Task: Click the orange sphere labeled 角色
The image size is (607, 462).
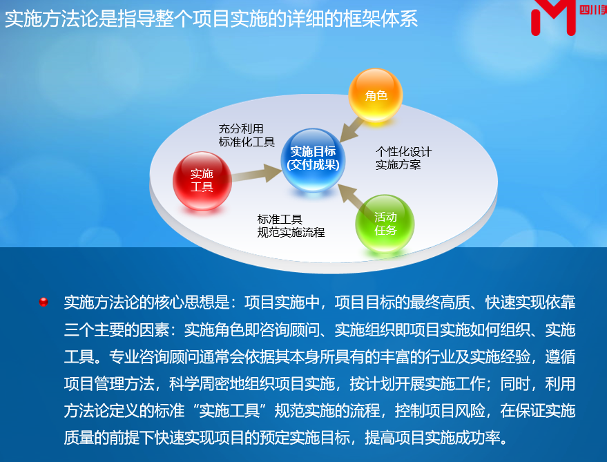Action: pyautogui.click(x=376, y=95)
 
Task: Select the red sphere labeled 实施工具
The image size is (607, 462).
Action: pyautogui.click(x=202, y=181)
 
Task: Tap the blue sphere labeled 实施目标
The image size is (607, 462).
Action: pyautogui.click(x=314, y=160)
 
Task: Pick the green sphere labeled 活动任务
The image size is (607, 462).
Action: pyautogui.click(x=385, y=224)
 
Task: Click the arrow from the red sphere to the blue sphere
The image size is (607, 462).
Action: pyautogui.click(x=257, y=173)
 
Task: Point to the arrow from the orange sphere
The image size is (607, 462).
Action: pyautogui.click(x=351, y=130)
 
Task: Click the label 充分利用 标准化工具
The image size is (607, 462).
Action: pyautogui.click(x=247, y=135)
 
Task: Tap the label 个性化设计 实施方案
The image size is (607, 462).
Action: pyautogui.click(x=403, y=158)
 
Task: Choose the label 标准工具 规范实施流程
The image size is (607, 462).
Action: pyautogui.click(x=291, y=226)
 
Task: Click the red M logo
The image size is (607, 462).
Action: pyautogui.click(x=554, y=17)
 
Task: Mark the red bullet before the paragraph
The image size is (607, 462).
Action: pyautogui.click(x=44, y=302)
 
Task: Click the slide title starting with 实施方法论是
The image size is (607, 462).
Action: pyautogui.click(x=211, y=19)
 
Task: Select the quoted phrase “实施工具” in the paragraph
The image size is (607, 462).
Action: pyautogui.click(x=229, y=410)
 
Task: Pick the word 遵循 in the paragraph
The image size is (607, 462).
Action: pyautogui.click(x=560, y=356)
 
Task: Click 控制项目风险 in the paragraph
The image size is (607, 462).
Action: pyautogui.click(x=440, y=410)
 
